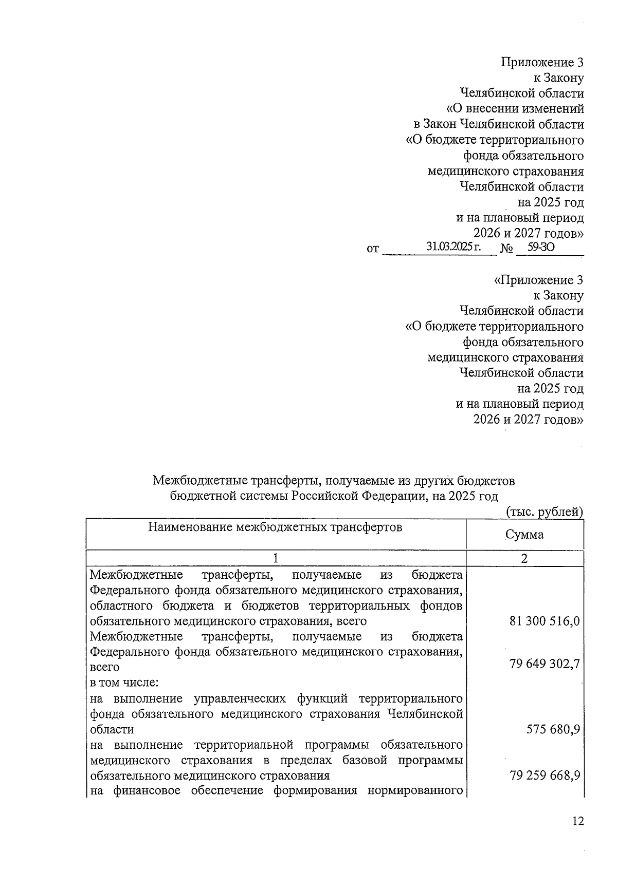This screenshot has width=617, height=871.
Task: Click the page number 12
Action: (x=578, y=822)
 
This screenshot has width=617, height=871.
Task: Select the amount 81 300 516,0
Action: (x=545, y=621)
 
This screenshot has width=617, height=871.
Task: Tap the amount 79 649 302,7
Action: (x=545, y=664)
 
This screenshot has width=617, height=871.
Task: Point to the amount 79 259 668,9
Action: (x=545, y=775)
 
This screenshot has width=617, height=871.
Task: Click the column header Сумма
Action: (x=524, y=535)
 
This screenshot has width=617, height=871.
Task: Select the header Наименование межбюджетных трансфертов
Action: (x=275, y=527)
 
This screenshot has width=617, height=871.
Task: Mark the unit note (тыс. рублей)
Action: (x=545, y=512)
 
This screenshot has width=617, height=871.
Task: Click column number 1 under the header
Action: (x=276, y=559)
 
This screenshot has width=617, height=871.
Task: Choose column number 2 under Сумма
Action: (x=524, y=559)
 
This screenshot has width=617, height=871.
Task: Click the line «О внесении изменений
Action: (x=514, y=109)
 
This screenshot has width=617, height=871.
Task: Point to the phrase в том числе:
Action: (x=124, y=683)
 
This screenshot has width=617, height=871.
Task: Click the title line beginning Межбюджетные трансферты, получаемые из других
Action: (x=333, y=481)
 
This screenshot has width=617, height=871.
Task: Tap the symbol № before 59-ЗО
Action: (x=507, y=249)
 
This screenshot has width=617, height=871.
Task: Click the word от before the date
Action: (x=373, y=249)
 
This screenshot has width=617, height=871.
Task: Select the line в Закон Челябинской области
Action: (x=499, y=124)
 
